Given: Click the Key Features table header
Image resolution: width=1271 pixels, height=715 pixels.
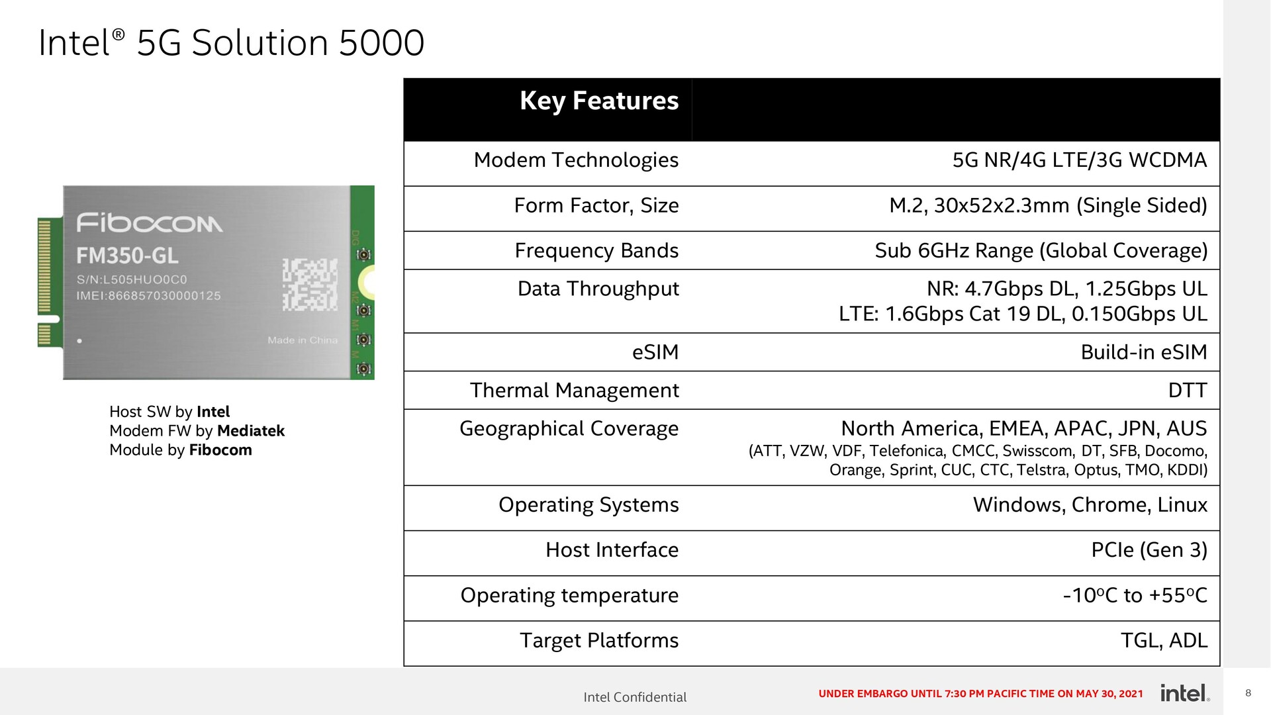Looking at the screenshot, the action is (599, 101).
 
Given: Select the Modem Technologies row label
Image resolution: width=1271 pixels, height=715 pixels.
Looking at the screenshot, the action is (576, 160).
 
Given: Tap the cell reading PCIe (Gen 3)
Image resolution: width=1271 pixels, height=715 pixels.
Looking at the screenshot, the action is (1149, 550).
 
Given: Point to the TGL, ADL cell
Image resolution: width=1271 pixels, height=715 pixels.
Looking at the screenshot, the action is (1164, 641).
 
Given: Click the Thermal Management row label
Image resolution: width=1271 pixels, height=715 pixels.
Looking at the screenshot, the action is (575, 391).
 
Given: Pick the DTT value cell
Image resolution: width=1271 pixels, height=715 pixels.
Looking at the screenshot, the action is (1188, 391).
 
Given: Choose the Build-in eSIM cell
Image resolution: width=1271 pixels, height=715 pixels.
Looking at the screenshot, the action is (1144, 352).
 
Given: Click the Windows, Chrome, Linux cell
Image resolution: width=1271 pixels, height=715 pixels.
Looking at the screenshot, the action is (1090, 505).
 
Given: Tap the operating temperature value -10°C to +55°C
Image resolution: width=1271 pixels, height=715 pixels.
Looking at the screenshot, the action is (1135, 596).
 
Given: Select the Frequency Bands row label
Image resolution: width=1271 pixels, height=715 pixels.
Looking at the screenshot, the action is (596, 251).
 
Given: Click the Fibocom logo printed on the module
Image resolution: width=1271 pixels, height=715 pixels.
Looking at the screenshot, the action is (150, 223).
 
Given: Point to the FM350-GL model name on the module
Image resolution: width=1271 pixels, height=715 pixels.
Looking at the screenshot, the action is (127, 256).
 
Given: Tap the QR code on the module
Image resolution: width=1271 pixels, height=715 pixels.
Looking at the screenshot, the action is (310, 285).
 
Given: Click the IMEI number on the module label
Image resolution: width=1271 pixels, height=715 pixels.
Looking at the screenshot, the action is (148, 296).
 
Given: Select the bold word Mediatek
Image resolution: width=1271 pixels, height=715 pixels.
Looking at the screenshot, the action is (251, 431).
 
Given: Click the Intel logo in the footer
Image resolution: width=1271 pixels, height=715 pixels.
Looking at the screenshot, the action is (1185, 693).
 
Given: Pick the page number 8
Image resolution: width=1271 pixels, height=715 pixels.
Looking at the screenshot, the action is (1248, 693).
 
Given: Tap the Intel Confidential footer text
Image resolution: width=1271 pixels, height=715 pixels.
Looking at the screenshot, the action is (635, 697).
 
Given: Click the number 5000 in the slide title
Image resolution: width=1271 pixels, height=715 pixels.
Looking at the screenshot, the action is (381, 44).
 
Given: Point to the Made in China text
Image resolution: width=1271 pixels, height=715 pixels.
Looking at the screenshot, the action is (303, 340).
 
